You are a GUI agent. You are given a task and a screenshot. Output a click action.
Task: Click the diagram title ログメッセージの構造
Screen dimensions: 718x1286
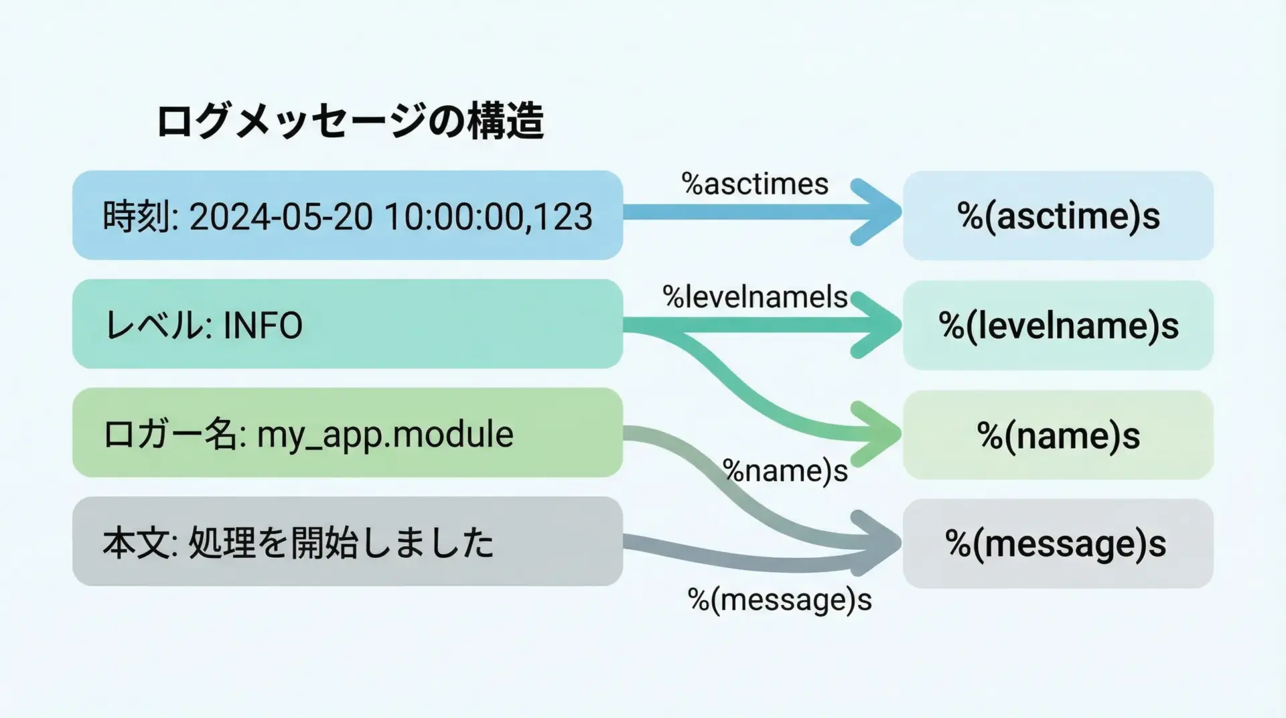point(350,121)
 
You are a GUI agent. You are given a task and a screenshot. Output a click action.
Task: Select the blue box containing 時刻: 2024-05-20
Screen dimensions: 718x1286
point(347,215)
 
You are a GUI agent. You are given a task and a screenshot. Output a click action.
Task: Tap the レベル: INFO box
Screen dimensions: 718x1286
point(347,324)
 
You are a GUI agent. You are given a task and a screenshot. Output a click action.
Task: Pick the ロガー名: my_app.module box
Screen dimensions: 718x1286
point(347,433)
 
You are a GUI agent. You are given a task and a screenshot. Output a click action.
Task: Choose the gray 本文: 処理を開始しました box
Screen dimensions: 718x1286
point(347,541)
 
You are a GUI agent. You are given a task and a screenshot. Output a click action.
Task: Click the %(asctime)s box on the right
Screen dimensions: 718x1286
point(1058,216)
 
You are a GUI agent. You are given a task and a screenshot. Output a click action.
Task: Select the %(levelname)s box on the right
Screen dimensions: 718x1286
point(1058,326)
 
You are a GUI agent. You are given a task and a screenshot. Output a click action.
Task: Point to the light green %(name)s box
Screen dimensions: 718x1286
point(1058,435)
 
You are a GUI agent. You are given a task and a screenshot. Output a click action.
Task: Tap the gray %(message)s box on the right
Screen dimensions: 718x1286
point(1058,544)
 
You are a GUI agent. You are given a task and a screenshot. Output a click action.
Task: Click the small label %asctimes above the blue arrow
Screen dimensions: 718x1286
point(755,184)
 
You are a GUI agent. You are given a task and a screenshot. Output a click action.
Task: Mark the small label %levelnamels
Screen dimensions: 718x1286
point(755,297)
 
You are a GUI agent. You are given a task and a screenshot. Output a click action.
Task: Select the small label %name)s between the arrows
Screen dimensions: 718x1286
point(785,471)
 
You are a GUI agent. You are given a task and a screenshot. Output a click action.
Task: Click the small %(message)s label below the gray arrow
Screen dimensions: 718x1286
point(780,599)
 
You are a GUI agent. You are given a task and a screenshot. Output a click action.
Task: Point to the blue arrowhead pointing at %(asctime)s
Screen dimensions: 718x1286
point(879,212)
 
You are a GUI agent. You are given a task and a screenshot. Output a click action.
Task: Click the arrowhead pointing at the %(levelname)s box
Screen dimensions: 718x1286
point(879,326)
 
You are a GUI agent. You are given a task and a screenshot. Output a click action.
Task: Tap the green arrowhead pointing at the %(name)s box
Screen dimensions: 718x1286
point(879,434)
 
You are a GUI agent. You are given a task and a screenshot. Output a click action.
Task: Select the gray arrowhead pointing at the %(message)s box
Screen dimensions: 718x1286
point(879,543)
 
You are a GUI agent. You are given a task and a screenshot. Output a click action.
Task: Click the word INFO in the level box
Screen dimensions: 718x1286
point(263,326)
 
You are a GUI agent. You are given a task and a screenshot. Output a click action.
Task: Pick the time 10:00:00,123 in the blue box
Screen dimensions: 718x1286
point(488,216)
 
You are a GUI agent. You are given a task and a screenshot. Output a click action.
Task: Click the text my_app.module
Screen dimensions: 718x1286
point(385,434)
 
